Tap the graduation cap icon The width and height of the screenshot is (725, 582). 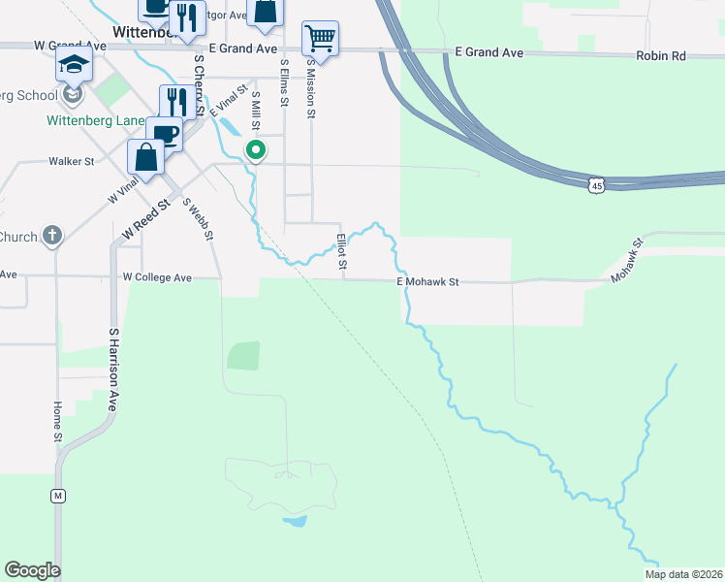tap(74, 66)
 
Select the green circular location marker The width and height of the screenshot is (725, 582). tap(256, 150)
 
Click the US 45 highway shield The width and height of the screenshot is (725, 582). tap(597, 184)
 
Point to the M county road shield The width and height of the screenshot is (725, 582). tap(58, 497)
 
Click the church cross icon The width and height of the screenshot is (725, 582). tap(52, 236)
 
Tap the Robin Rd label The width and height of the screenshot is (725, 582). tap(661, 56)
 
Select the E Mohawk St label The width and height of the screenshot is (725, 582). tap(427, 282)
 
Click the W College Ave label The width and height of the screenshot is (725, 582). tap(157, 277)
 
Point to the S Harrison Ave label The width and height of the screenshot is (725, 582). tap(112, 370)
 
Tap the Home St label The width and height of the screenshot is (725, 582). tap(58, 423)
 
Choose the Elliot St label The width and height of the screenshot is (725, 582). tap(341, 251)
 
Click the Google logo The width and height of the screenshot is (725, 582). tap(32, 570)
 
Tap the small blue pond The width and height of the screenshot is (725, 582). tap(295, 521)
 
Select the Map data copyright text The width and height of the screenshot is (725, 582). tap(683, 574)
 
